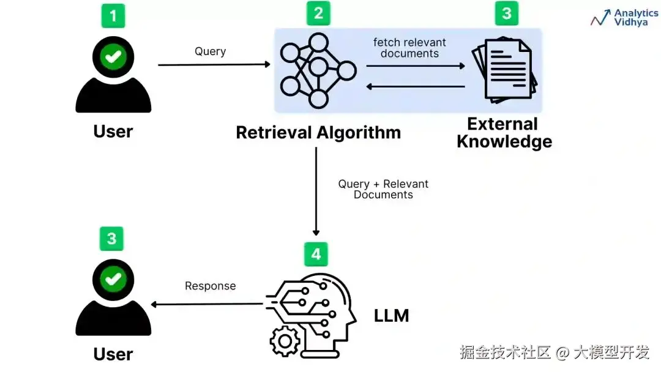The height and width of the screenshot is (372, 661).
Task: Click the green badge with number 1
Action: click(113, 15)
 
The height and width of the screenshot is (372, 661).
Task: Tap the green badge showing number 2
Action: click(318, 13)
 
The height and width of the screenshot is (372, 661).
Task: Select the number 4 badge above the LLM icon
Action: click(316, 254)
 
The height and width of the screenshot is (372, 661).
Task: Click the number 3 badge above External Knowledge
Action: click(507, 13)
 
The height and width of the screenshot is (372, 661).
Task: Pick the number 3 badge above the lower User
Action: click(111, 239)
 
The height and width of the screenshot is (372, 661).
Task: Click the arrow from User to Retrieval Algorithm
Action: click(214, 64)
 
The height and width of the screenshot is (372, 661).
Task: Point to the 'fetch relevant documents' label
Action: click(409, 48)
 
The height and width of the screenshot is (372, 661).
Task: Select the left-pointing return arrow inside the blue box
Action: click(415, 87)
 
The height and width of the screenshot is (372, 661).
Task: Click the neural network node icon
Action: click(318, 71)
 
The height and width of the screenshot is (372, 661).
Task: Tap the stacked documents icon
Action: click(504, 70)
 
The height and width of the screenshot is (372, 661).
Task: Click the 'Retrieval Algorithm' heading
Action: click(318, 132)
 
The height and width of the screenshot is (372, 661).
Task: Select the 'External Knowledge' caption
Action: click(504, 133)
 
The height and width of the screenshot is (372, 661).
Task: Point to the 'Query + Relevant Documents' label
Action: click(383, 189)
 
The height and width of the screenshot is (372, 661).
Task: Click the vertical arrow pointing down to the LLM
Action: click(316, 192)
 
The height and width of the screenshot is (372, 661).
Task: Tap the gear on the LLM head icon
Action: click(285, 341)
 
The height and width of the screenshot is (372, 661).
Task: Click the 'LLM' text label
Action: click(391, 316)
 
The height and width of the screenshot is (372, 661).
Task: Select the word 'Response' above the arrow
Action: click(211, 286)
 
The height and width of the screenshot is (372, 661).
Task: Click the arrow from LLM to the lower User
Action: click(207, 304)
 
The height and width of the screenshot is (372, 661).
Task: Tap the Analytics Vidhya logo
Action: click(624, 18)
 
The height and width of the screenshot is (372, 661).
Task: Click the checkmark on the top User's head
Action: click(113, 56)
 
